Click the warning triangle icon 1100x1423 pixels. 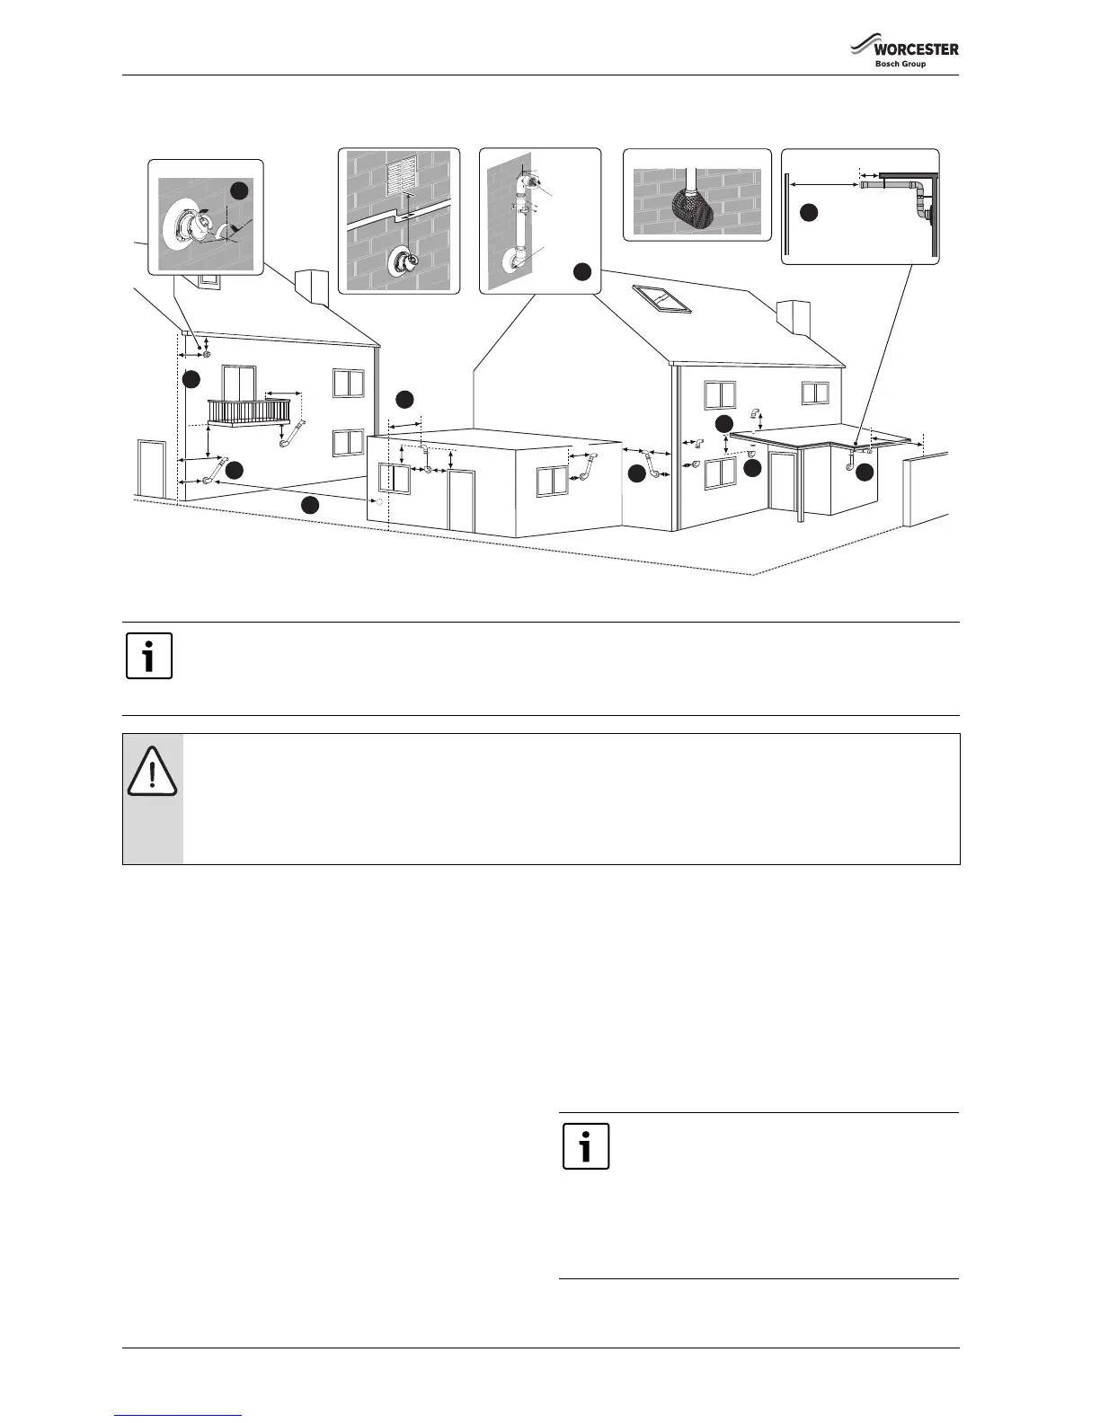[x=152, y=772]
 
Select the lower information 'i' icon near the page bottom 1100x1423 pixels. [x=585, y=1146]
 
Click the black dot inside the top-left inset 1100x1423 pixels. [x=238, y=190]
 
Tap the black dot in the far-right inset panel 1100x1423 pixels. [x=809, y=212]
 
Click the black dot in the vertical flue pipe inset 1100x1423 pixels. [x=581, y=270]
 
